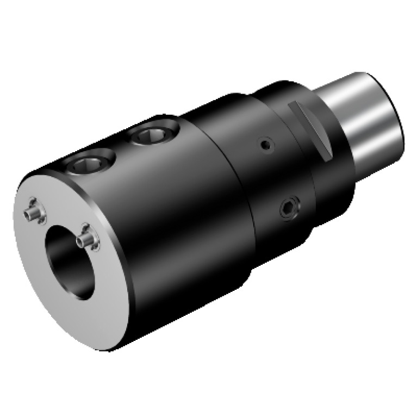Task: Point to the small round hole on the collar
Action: (x=265, y=145)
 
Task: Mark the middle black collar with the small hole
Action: (x=250, y=179)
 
